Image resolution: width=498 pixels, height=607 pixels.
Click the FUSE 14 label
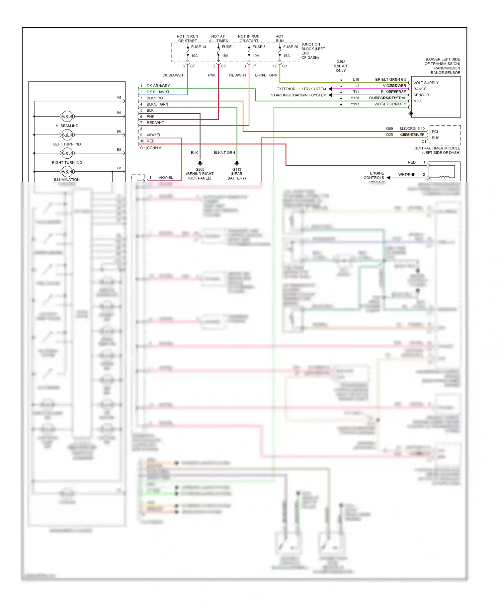198,47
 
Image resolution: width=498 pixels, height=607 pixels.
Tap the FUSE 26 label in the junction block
290,47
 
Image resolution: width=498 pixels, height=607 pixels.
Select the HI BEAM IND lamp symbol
67,117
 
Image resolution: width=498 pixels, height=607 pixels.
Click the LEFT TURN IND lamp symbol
67,135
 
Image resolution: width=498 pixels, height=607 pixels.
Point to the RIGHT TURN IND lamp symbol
67,153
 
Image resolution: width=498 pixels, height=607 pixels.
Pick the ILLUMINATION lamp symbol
67,172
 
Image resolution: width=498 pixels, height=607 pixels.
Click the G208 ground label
200,169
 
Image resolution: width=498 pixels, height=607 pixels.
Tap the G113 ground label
237,169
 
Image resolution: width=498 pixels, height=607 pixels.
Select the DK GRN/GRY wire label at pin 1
158,86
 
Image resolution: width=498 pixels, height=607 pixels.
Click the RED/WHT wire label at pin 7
155,123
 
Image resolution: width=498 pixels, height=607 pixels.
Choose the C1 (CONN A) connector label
151,148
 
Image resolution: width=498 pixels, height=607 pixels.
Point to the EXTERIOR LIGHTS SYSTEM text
301,89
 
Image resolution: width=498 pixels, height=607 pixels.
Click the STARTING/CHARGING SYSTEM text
298,95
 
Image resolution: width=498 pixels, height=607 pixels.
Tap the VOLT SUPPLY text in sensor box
426,83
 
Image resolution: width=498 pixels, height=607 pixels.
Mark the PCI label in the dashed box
435,132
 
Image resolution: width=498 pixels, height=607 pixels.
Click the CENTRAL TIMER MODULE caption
437,148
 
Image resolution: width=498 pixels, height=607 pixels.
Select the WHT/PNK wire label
407,174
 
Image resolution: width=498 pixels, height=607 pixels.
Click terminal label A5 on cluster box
119,98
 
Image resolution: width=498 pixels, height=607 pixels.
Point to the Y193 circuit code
355,104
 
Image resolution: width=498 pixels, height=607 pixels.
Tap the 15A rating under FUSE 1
225,56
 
